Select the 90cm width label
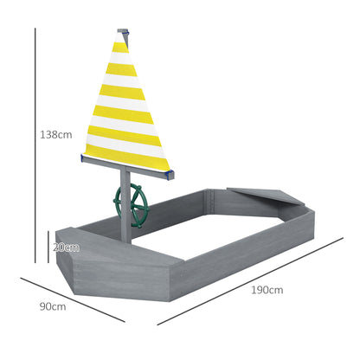tap(52, 306)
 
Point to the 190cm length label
tap(268, 290)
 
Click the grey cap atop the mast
tap(126, 34)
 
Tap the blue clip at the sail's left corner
tap(84, 157)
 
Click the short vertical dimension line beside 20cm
tap(48, 247)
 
